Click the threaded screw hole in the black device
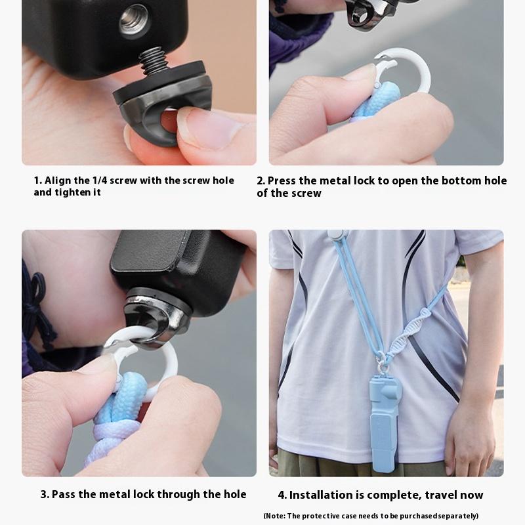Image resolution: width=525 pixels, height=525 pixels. click(x=135, y=22)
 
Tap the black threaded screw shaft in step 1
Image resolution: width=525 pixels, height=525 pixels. click(x=154, y=60)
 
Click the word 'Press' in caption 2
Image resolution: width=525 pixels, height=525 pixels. click(x=282, y=181)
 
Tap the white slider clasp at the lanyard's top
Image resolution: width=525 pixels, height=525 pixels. click(x=337, y=234)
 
